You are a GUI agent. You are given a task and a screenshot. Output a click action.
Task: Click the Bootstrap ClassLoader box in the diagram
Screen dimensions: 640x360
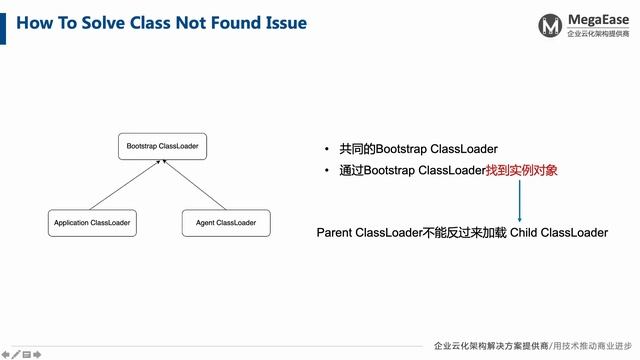(x=162, y=147)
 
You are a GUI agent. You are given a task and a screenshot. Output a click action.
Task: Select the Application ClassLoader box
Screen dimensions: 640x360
(x=92, y=222)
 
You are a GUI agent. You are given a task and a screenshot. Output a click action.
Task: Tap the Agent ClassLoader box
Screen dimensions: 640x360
(x=219, y=222)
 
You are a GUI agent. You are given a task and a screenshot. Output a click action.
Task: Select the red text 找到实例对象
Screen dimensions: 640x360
(x=521, y=171)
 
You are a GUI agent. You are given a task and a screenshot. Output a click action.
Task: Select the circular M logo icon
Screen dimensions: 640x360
(x=549, y=25)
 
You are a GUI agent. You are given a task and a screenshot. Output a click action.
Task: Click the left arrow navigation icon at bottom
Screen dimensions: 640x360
(x=5, y=353)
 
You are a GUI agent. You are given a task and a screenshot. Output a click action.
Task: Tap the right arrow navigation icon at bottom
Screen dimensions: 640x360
(x=37, y=353)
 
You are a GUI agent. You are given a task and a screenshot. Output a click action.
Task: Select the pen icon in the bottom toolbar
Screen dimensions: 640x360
(x=15, y=353)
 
